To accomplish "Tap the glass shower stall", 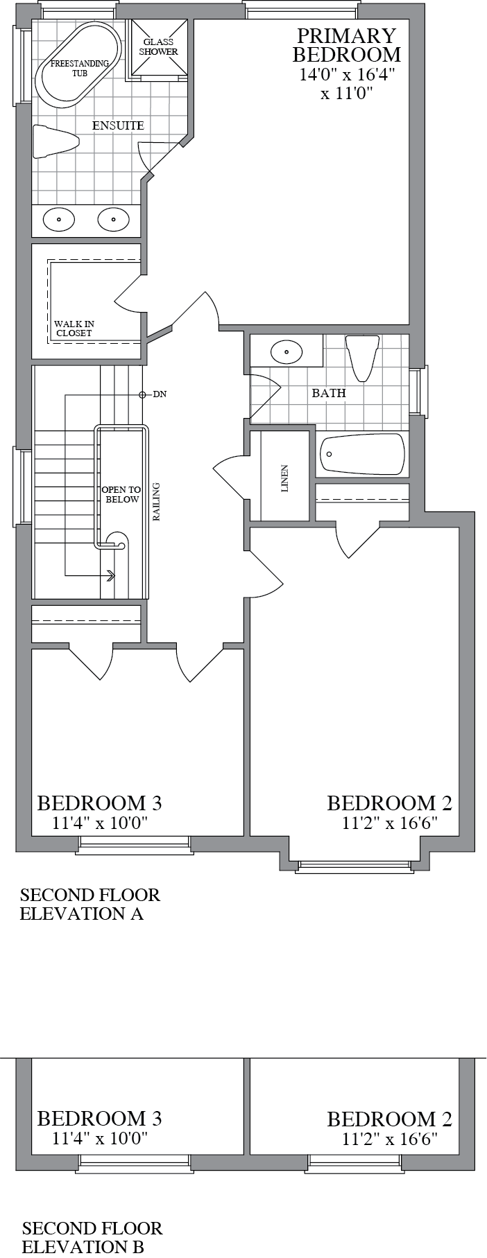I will [160, 47].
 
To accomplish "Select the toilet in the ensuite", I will [56, 141].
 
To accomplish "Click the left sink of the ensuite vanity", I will [59, 220].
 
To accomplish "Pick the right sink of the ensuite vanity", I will [113, 220].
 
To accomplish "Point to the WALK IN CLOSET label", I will [74, 328].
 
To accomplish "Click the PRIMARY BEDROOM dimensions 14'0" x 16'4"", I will [346, 76].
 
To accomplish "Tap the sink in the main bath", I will [285, 352].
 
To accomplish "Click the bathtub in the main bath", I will [361, 455].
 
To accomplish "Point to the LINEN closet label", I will [284, 478].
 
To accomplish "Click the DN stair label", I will [160, 394].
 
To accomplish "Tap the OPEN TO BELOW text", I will [121, 494].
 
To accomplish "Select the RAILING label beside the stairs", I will [157, 501].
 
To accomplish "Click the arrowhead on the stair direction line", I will [111, 575].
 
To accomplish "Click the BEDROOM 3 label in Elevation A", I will [99, 803].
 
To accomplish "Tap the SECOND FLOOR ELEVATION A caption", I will [89, 904].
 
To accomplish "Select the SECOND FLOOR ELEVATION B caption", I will [92, 1238].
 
